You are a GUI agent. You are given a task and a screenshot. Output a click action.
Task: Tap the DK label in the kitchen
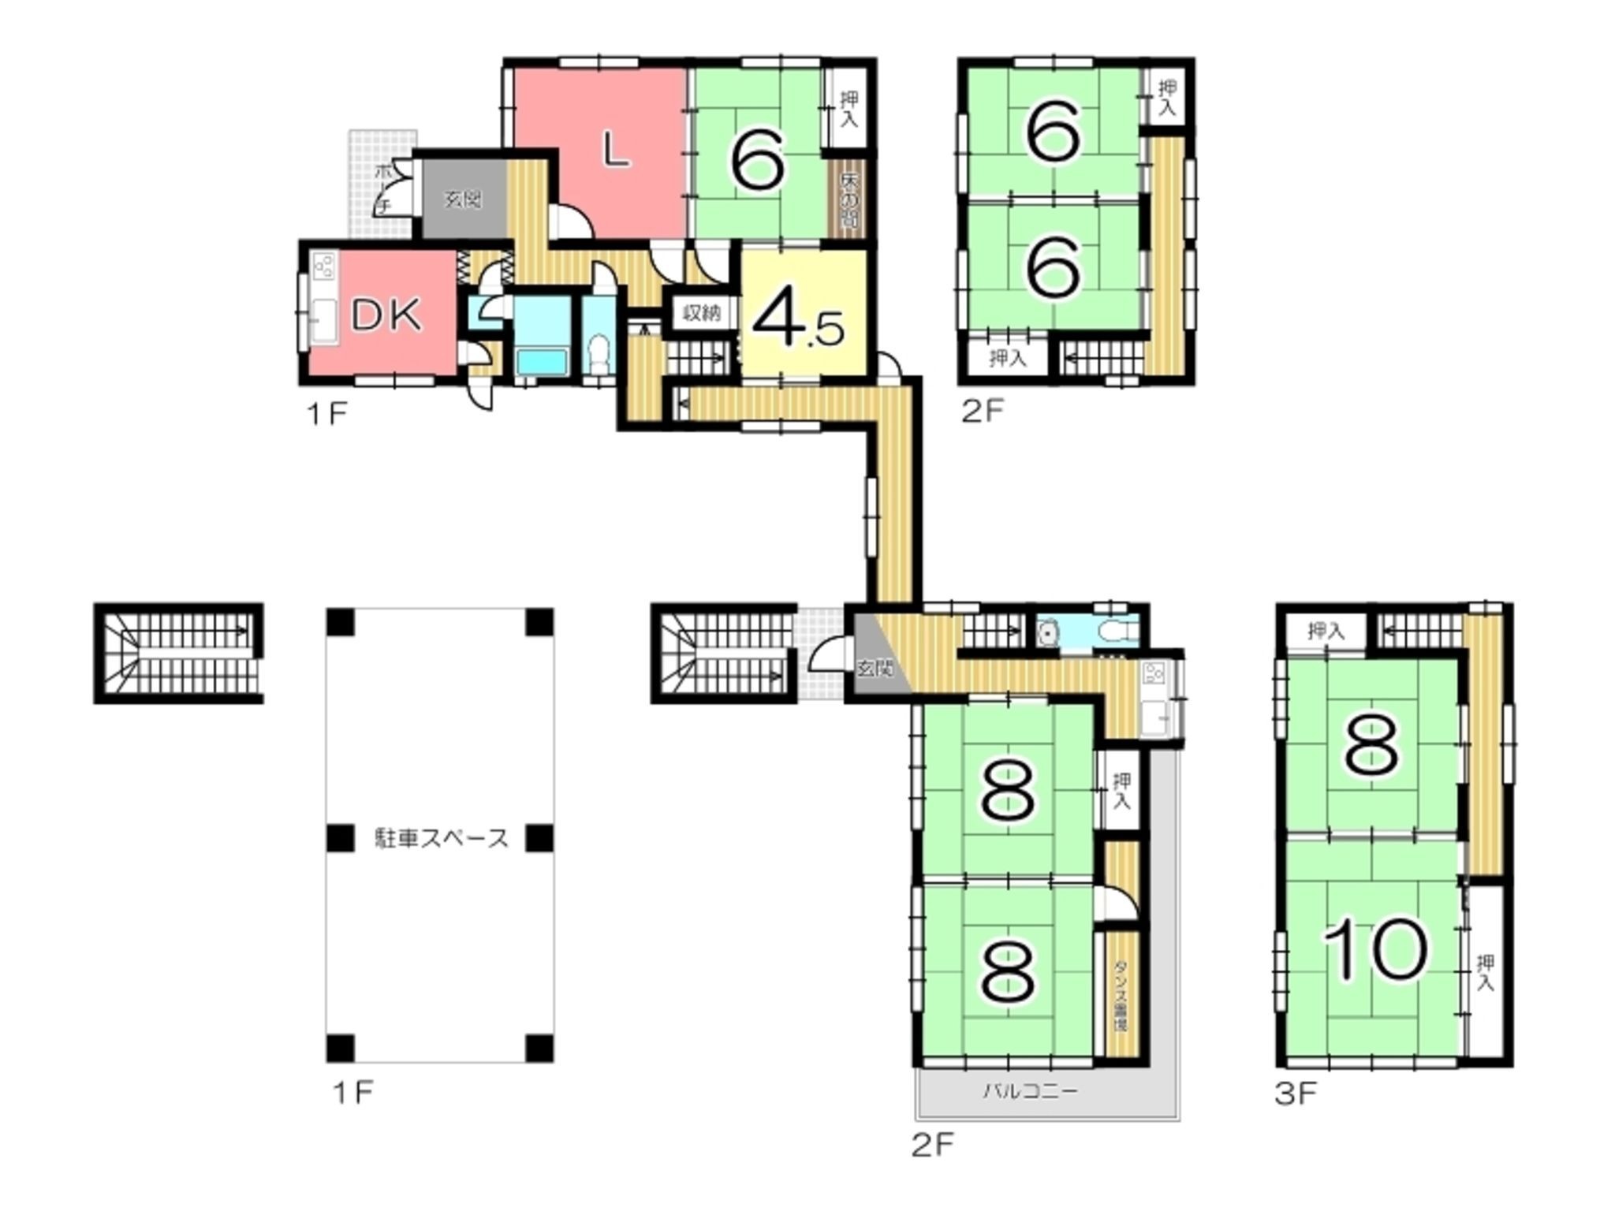coord(386,315)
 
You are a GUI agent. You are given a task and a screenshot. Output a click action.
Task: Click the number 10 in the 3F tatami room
coord(1375,948)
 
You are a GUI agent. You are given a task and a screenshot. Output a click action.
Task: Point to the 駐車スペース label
coord(441,838)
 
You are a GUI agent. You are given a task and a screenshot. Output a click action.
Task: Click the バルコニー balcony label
coord(1030,1091)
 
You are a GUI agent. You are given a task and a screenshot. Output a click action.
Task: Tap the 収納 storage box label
coord(701,313)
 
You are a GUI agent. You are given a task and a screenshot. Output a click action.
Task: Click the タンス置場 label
coord(1120,995)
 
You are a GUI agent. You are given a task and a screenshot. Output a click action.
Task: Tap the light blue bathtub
coord(541,363)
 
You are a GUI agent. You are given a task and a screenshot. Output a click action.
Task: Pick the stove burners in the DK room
coord(324,266)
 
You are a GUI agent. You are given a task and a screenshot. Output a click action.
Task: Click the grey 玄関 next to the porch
coord(461,199)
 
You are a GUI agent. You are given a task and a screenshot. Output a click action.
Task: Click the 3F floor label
coord(1296,1094)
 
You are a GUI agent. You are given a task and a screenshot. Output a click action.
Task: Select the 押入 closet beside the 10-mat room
coord(1485,972)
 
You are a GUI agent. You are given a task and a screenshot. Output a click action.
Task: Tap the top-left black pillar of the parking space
coord(341,622)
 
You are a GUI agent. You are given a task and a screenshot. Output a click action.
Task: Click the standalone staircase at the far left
coord(179,653)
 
